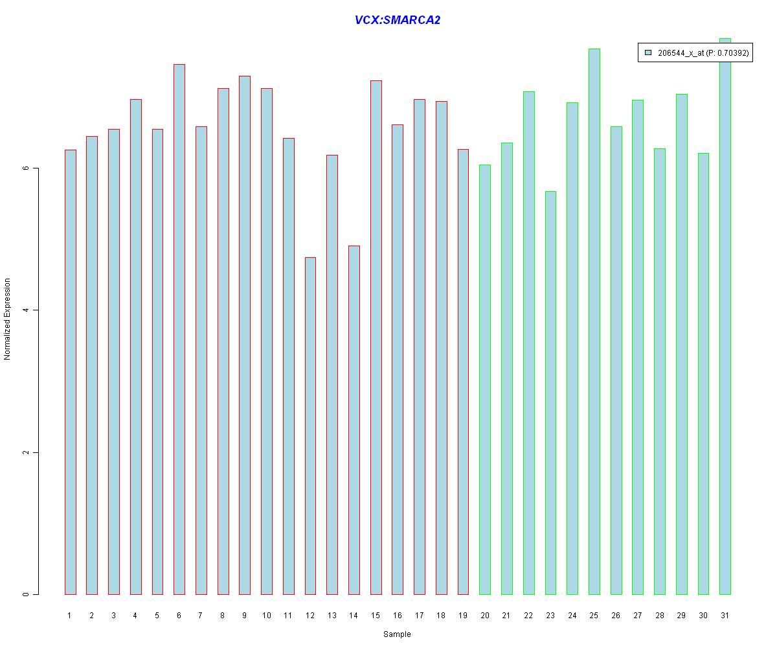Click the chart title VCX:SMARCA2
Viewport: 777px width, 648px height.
pos(397,20)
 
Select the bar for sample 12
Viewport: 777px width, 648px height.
pos(310,426)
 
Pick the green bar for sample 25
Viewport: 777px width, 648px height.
pos(594,321)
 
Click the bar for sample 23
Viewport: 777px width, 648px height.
pos(550,393)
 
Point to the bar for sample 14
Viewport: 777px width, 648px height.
pos(354,420)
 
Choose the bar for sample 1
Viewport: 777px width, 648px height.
pos(70,372)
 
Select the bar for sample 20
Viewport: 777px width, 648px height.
pos(484,380)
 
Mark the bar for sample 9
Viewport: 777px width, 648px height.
pos(244,335)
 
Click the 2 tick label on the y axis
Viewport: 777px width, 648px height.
pos(27,452)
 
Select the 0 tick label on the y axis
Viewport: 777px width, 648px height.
pos(27,594)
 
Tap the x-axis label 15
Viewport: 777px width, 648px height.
pos(376,616)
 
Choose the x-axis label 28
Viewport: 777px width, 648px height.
pos(659,616)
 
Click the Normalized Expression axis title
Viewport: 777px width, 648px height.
pos(8,319)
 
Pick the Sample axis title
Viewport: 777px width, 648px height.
pos(397,634)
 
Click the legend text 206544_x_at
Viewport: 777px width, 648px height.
pos(681,53)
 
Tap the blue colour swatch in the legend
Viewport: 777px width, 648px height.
pos(647,52)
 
